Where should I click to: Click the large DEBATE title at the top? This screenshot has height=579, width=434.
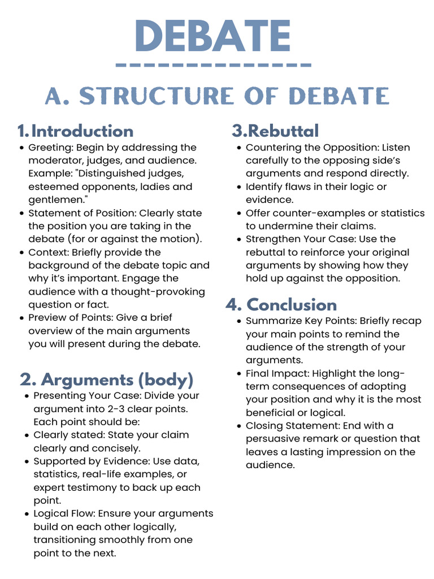[x=213, y=37]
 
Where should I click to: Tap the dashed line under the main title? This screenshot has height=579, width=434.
[x=213, y=66]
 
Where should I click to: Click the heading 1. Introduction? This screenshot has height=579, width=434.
[x=75, y=131]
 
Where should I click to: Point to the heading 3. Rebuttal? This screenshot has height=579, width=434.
[x=275, y=131]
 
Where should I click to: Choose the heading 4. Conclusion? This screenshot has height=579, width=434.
[x=281, y=305]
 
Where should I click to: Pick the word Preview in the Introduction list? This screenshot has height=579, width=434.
[x=48, y=318]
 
